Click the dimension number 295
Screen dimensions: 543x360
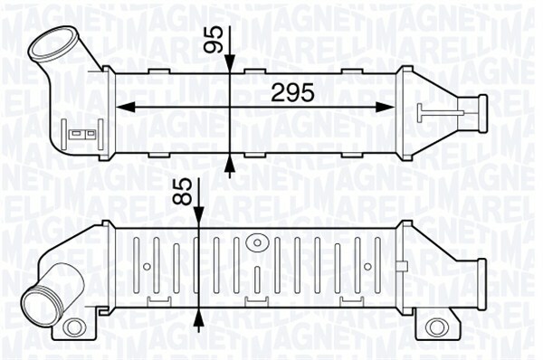[292, 92]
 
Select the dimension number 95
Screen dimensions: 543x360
[213, 40]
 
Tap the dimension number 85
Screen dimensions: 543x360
[182, 192]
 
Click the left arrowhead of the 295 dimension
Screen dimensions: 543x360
[124, 108]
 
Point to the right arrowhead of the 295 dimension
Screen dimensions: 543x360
[386, 108]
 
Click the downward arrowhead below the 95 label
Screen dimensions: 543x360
[230, 63]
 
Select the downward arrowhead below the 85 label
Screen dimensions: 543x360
[198, 217]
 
